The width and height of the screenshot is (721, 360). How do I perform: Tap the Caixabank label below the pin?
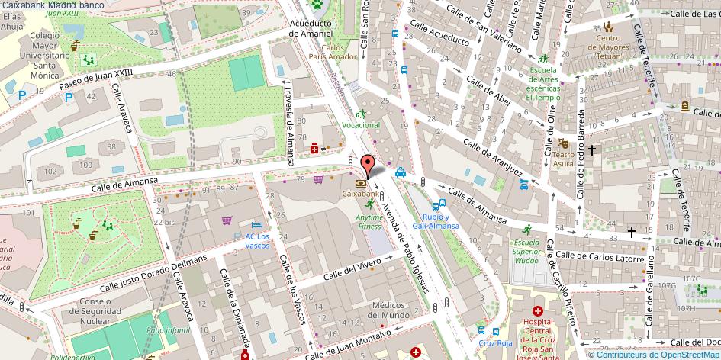coord(359,194)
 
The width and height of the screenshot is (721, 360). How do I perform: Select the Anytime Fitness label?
coord(369,221)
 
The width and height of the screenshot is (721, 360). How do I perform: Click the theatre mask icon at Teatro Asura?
coord(564,142)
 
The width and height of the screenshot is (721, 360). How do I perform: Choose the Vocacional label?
coord(361,124)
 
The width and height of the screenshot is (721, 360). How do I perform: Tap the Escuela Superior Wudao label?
coord(526,252)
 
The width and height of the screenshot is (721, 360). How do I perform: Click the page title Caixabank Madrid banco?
coord(47,5)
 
